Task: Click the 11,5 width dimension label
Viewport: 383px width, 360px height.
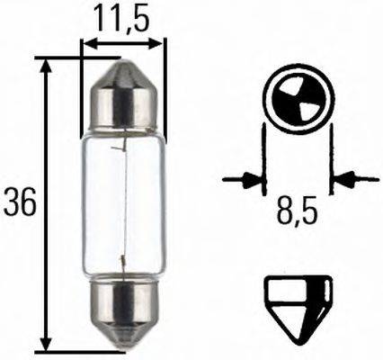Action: pyautogui.click(x=123, y=17)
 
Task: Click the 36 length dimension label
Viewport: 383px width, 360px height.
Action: pyautogui.click(x=19, y=204)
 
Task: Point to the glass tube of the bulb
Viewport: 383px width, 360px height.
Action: pyautogui.click(x=123, y=202)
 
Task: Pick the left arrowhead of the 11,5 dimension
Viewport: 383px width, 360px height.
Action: pyautogui.click(x=87, y=42)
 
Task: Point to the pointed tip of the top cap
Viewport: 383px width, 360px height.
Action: pyautogui.click(x=123, y=62)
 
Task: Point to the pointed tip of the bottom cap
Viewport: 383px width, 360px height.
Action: pyautogui.click(x=123, y=347)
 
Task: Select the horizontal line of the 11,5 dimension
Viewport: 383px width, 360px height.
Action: pyautogui.click(x=123, y=42)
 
